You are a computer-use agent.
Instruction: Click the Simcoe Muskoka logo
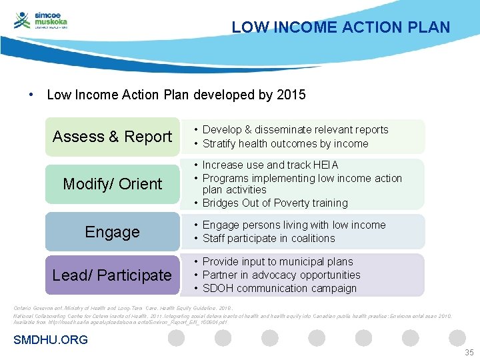(x=41, y=21)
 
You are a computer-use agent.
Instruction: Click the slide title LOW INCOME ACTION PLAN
(x=341, y=27)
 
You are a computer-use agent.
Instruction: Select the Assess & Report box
(x=112, y=137)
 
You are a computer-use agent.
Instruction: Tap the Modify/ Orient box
(x=112, y=184)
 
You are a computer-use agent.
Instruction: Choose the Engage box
(x=112, y=232)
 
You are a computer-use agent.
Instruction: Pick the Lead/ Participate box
(x=112, y=275)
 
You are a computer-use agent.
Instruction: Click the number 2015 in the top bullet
(x=291, y=95)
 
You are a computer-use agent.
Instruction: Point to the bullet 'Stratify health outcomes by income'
(x=285, y=143)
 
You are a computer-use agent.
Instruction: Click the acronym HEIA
(x=326, y=165)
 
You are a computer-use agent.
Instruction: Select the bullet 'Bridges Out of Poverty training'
(x=275, y=203)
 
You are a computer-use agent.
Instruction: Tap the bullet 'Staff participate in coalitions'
(x=269, y=238)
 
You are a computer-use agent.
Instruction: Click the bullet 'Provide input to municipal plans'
(x=277, y=261)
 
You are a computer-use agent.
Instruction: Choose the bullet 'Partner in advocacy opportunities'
(x=281, y=275)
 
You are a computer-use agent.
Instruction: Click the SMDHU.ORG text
(x=51, y=340)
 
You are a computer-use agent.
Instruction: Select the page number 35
(x=469, y=352)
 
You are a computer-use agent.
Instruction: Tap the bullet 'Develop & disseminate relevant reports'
(x=295, y=129)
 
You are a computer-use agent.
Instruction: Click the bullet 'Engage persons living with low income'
(x=293, y=225)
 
